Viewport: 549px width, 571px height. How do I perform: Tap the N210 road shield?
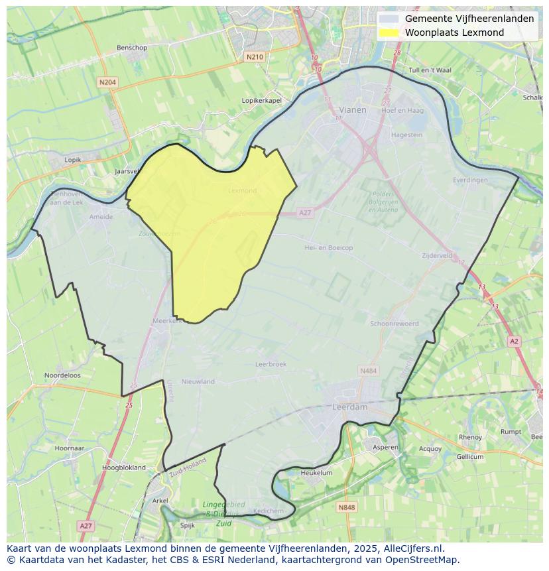coord(255,57)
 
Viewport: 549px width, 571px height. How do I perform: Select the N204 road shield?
coord(107,82)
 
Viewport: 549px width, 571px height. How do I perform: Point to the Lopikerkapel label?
coord(262,100)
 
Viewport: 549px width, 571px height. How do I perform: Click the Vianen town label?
coord(352,110)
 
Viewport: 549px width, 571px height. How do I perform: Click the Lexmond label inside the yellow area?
coord(242,190)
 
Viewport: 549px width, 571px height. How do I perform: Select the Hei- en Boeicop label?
coord(328,247)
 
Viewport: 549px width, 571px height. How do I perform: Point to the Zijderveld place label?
coord(437,255)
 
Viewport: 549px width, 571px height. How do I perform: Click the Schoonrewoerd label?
coord(394,324)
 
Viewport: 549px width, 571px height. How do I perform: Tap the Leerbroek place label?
coord(271,364)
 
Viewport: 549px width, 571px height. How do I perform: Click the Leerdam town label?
coord(349,407)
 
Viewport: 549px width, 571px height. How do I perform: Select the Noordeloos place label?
coord(62,375)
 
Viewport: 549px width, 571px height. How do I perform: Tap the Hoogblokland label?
coord(124,468)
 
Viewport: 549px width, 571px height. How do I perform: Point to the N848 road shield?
coord(346,507)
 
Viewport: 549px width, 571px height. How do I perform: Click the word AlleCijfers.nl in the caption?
coord(414,548)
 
